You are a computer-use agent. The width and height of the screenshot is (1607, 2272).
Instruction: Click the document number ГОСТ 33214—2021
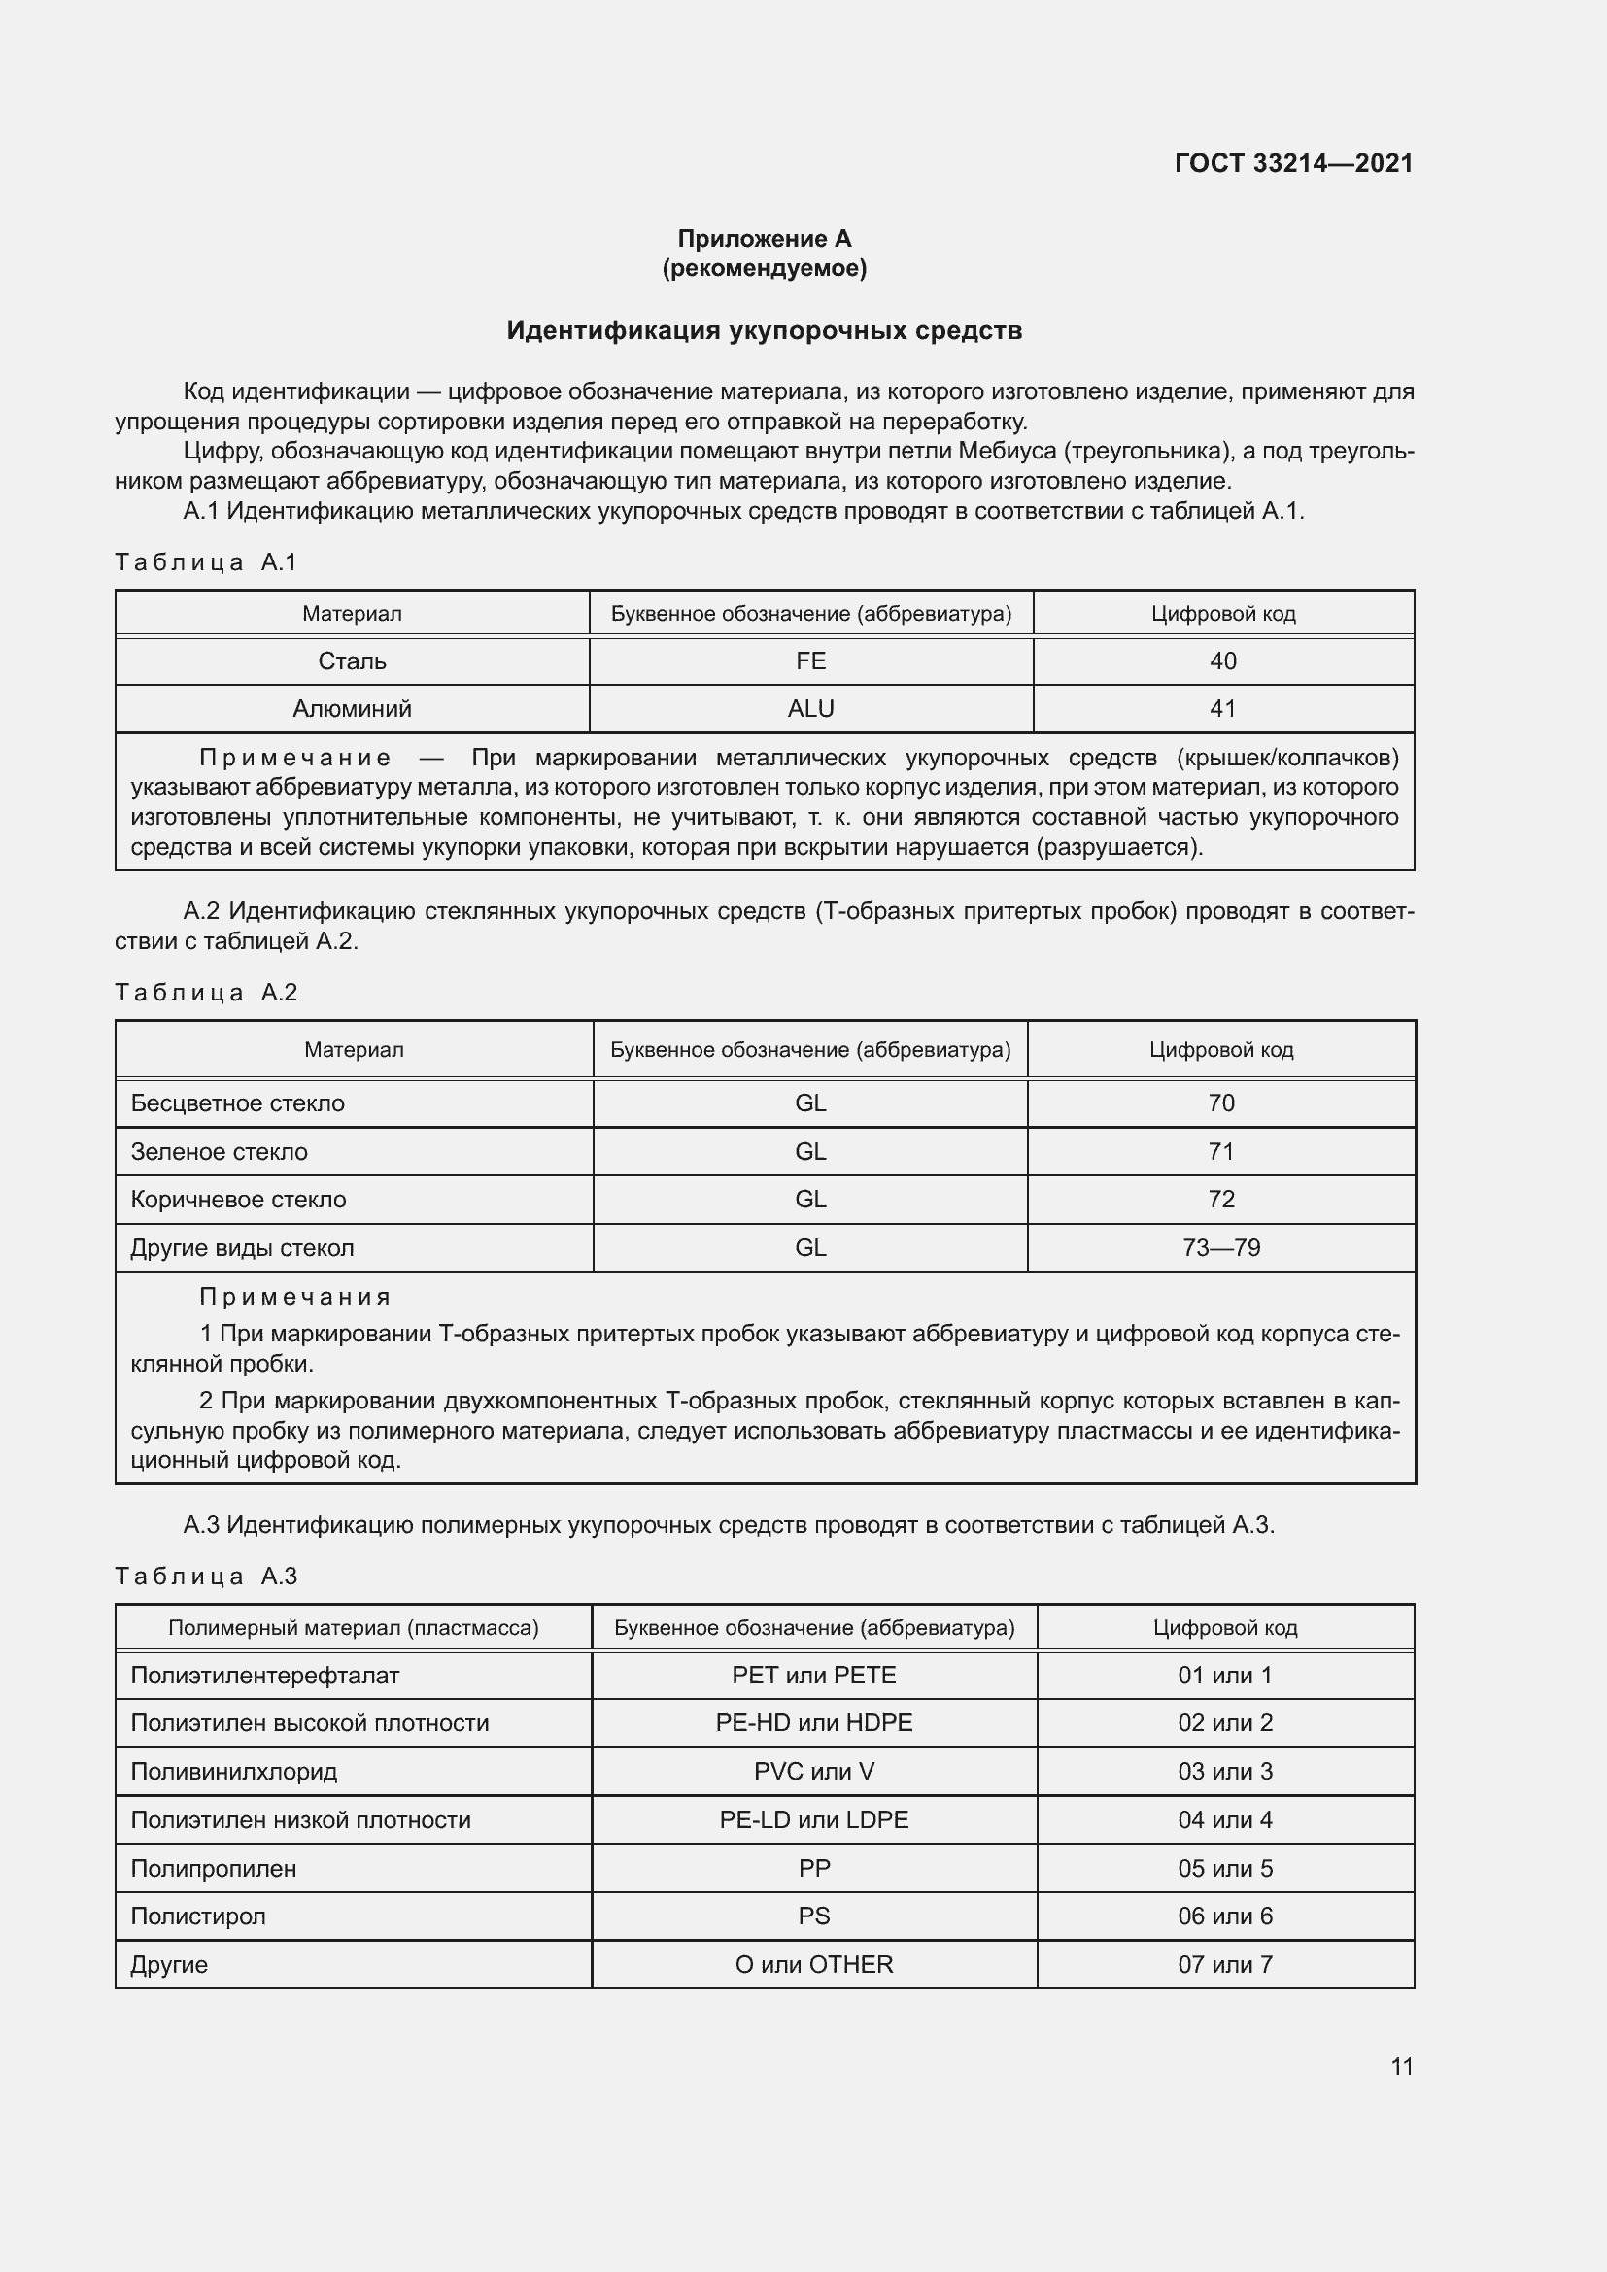click(x=1293, y=163)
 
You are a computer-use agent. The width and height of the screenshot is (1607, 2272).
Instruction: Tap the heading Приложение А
click(x=764, y=239)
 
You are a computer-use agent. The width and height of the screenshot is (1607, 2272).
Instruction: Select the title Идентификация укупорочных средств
click(x=764, y=330)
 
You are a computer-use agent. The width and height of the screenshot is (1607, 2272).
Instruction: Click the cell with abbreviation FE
click(x=810, y=661)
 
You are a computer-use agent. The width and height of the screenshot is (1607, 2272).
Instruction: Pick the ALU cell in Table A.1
click(x=810, y=708)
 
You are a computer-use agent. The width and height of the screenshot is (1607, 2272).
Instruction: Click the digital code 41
click(x=1223, y=708)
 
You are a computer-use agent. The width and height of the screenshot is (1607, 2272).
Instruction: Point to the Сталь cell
click(x=352, y=661)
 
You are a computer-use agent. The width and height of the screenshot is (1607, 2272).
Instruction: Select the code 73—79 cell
click(x=1221, y=1248)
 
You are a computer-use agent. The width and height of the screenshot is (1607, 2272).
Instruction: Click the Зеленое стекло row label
click(x=219, y=1152)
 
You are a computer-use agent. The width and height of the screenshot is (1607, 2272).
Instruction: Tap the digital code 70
click(x=1221, y=1103)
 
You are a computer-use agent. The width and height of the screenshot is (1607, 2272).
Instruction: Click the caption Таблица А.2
click(x=206, y=993)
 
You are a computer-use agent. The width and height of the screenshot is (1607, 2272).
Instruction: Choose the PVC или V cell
click(x=813, y=1772)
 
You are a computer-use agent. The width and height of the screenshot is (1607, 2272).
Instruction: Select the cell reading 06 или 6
click(x=1225, y=1916)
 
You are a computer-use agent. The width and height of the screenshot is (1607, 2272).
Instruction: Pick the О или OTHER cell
click(x=813, y=1964)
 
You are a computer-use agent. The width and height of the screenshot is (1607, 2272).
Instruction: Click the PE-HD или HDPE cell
click(x=813, y=1723)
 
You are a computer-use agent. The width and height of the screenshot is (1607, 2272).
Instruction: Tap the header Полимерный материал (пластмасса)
click(x=354, y=1628)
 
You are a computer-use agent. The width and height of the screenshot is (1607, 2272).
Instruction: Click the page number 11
click(x=1401, y=2066)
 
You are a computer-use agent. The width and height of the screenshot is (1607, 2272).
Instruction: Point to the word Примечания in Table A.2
click(x=295, y=1298)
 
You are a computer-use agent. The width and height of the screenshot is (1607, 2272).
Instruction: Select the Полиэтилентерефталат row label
click(x=264, y=1676)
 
